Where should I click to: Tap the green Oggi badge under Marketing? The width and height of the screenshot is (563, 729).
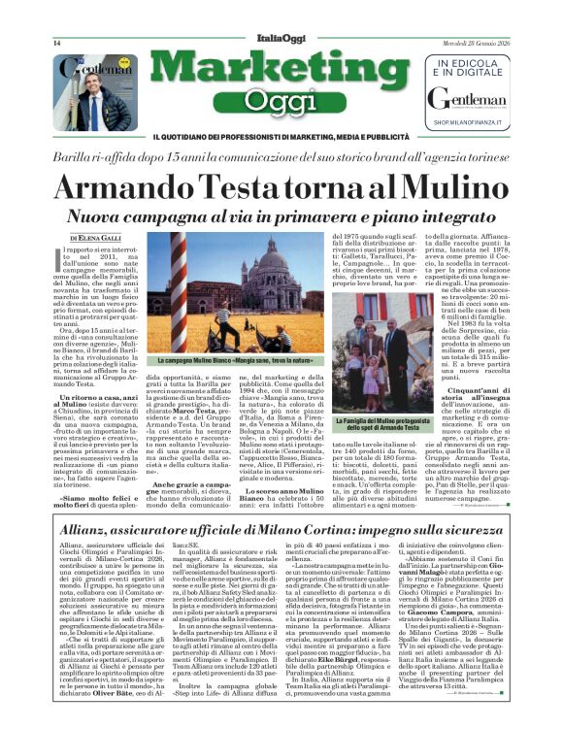tap(280, 99)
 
